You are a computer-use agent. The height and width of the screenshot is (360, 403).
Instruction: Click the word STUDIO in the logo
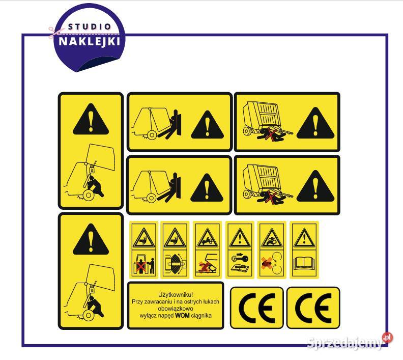click(x=89, y=26)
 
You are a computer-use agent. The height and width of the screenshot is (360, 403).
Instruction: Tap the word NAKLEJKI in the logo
click(x=89, y=41)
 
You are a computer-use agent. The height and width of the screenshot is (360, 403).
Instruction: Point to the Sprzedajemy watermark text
click(x=345, y=343)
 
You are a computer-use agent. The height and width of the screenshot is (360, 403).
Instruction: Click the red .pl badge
click(x=387, y=338)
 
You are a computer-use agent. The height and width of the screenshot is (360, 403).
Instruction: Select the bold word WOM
click(x=182, y=315)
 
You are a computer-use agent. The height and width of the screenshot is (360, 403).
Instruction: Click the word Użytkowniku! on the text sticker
click(x=176, y=295)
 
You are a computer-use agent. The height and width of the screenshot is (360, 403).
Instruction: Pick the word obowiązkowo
click(x=176, y=308)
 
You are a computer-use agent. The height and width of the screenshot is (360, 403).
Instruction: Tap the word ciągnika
click(x=201, y=316)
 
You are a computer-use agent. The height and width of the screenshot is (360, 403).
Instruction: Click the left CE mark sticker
click(x=257, y=308)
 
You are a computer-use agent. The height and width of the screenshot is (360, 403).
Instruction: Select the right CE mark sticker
click(x=313, y=308)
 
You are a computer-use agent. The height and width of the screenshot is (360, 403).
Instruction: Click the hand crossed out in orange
click(x=267, y=263)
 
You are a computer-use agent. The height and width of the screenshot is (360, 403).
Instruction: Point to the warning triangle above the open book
click(x=304, y=237)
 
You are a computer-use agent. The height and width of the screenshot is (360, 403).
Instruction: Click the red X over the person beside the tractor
click(x=140, y=267)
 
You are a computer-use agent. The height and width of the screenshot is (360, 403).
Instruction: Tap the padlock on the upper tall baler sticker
click(x=91, y=169)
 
